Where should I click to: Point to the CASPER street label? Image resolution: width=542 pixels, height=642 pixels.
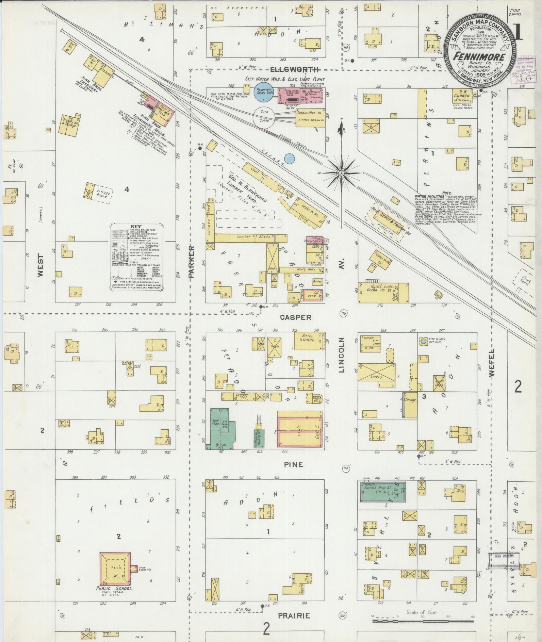coord(295,317)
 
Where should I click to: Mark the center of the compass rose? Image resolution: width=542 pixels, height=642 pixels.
coord(341,173)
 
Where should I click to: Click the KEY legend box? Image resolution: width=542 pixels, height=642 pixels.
coord(137,257)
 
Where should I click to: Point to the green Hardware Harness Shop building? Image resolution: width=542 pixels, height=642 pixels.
coord(383,491)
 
